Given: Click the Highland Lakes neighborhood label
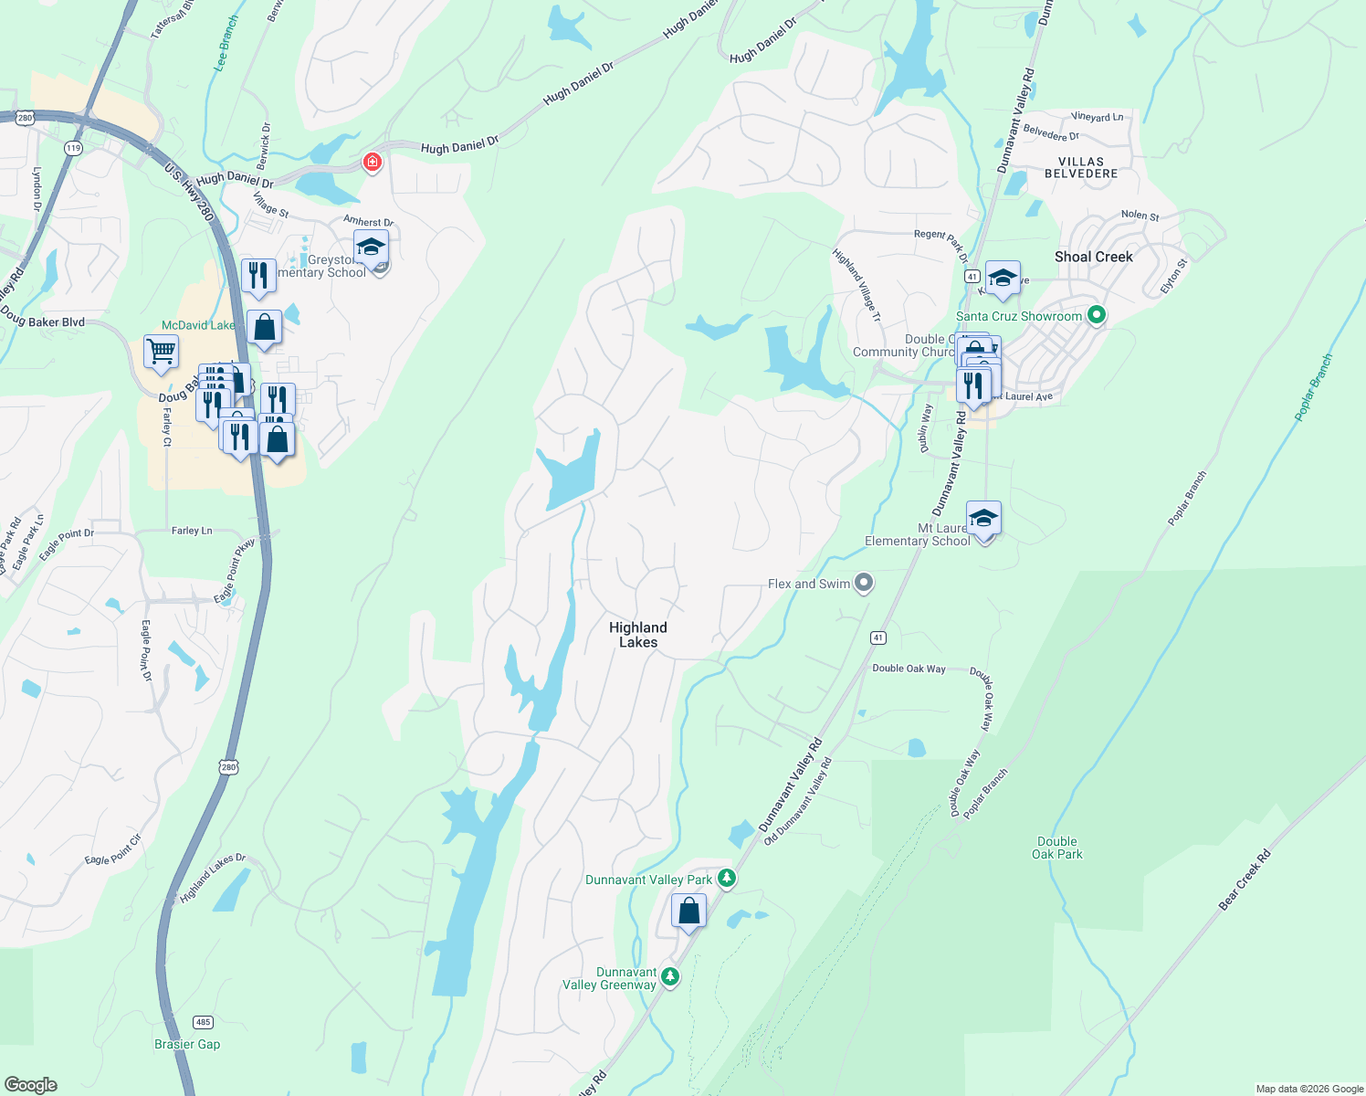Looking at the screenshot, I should (637, 635).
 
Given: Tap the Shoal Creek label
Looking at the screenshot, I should (1093, 257).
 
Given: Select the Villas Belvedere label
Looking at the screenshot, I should (1081, 167).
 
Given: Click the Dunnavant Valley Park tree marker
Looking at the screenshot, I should (726, 878).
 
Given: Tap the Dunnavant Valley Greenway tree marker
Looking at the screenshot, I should (670, 976).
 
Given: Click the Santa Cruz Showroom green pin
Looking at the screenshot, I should (1097, 315).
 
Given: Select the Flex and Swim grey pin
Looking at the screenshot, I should (863, 583).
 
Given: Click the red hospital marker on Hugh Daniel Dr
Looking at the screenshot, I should (372, 163).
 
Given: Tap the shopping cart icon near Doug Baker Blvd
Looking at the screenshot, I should (161, 351).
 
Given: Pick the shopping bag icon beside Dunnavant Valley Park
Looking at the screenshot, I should (688, 911).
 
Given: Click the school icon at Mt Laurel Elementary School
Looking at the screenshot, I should (983, 518).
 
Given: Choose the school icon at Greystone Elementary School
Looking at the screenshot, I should (371, 247).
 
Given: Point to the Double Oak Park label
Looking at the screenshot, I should (1056, 848).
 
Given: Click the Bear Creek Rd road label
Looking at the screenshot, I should (1245, 880).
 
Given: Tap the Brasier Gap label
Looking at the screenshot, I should (187, 1044).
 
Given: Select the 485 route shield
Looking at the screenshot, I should (203, 1022).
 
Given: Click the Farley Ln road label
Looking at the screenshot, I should (192, 531).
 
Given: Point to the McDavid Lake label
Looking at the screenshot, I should (198, 325).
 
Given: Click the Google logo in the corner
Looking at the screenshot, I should (30, 1085).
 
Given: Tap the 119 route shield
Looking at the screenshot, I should (73, 148).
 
